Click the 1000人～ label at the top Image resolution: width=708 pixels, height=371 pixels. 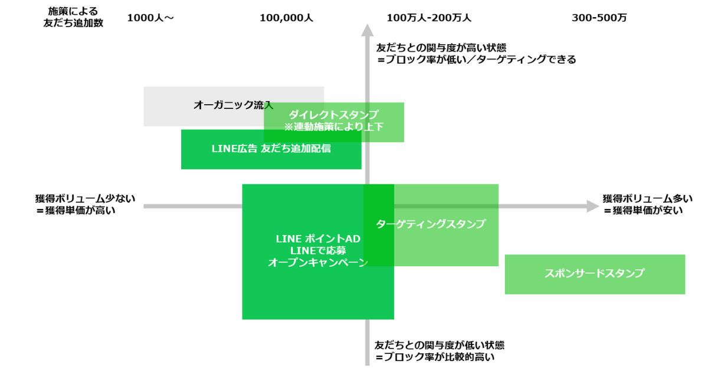point(150,18)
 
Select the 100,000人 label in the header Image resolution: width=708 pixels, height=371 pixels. point(286,18)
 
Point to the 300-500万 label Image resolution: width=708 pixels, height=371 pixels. point(599,18)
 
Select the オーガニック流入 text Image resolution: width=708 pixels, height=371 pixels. point(233,105)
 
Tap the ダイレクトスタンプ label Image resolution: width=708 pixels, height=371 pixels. point(333,114)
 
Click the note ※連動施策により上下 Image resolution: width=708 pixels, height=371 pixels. point(333,127)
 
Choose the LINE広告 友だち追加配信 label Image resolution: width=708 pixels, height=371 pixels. point(271,149)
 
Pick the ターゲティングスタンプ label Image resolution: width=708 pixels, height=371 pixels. point(431,224)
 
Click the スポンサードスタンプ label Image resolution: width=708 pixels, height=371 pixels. point(594,273)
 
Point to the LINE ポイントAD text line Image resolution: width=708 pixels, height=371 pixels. point(317,239)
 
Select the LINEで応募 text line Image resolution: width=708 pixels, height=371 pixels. point(317,251)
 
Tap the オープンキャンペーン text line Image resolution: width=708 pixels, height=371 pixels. point(317,263)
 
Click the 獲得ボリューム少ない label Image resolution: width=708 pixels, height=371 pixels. point(84,198)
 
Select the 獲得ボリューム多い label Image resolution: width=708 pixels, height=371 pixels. point(647,198)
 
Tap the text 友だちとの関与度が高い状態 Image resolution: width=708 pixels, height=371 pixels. point(442,48)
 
